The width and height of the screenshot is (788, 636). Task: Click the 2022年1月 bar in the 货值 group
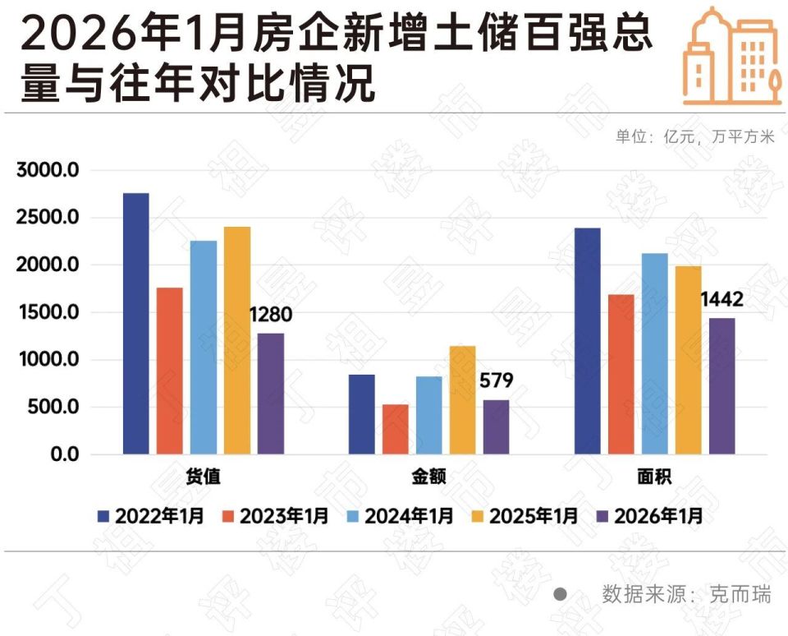pyautogui.click(x=135, y=324)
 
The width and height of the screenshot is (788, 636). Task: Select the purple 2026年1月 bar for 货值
pyautogui.click(x=270, y=394)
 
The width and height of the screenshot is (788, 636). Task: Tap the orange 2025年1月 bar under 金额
pyautogui.click(x=462, y=400)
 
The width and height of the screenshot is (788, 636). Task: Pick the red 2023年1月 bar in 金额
pyautogui.click(x=395, y=429)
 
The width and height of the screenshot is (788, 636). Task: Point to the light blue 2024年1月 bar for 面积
pyautogui.click(x=654, y=353)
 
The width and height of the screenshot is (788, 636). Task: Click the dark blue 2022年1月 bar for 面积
pyautogui.click(x=587, y=341)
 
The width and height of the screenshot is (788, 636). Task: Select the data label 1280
pyautogui.click(x=270, y=316)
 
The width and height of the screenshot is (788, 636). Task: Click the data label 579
pyautogui.click(x=495, y=381)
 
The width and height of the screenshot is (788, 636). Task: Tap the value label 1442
pyautogui.click(x=722, y=300)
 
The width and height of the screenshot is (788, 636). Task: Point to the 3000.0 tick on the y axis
pyautogui.click(x=47, y=171)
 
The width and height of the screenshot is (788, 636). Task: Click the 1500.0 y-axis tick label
pyautogui.click(x=47, y=313)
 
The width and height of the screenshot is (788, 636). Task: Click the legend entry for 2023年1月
pyautogui.click(x=274, y=516)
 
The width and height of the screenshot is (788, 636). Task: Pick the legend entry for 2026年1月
pyautogui.click(x=648, y=516)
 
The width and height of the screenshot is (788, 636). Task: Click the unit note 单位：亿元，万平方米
pyautogui.click(x=694, y=137)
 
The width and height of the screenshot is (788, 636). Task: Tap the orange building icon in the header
pyautogui.click(x=730, y=55)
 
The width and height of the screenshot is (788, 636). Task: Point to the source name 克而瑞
pyautogui.click(x=741, y=594)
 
